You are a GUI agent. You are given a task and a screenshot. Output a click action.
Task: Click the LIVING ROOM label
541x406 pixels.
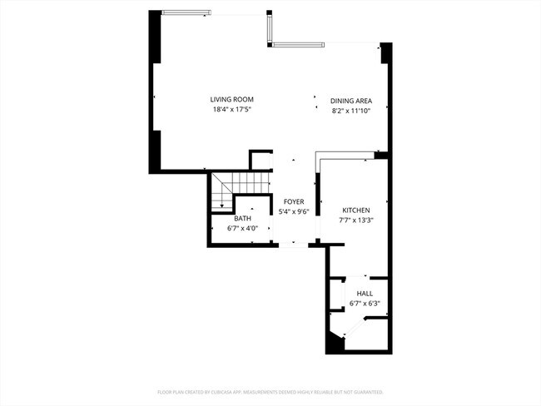(231, 100)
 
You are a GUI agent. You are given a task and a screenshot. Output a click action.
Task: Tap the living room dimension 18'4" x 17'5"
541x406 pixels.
(231, 110)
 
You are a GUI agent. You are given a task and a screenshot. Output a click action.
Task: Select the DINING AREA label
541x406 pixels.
(350, 100)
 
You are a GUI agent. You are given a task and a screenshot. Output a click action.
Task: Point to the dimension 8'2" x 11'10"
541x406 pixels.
(350, 110)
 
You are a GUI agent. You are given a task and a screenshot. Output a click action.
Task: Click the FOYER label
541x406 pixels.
(293, 202)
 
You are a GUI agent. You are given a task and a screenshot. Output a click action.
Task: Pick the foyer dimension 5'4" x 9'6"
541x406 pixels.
(293, 212)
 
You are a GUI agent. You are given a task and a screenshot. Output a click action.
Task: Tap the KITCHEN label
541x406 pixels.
(355, 210)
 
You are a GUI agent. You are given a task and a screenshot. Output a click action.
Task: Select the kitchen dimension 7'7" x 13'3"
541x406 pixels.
(355, 220)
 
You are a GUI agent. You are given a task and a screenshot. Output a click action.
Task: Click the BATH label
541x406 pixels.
(242, 219)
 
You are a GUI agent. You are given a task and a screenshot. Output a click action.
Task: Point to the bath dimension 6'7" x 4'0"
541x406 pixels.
(242, 229)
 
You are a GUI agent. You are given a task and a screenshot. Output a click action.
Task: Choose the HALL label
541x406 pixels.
(365, 294)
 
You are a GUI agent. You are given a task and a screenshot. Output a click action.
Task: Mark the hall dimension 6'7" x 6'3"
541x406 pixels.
(365, 304)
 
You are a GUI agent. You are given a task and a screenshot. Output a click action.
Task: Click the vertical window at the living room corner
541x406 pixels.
(270, 29)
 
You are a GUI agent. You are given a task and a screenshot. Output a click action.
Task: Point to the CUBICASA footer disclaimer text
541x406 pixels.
(270, 391)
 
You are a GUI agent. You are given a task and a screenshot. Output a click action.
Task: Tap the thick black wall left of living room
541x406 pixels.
(155, 92)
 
